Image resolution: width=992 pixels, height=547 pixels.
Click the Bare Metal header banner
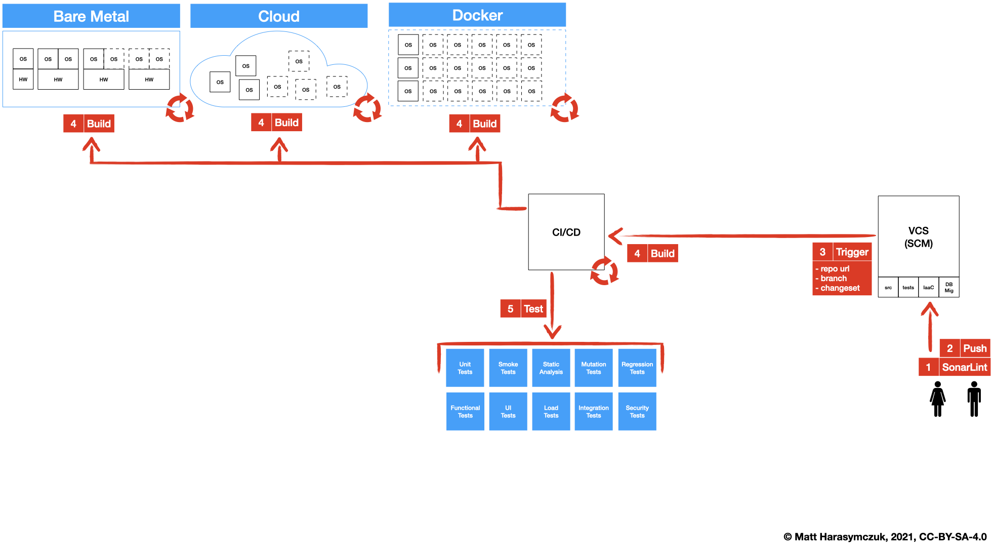click(x=91, y=16)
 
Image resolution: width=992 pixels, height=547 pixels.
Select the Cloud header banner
click(x=279, y=16)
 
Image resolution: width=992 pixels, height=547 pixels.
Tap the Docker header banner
click(x=477, y=15)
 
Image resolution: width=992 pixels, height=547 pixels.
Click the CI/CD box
click(x=566, y=232)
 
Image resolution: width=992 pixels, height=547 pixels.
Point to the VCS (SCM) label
click(x=918, y=237)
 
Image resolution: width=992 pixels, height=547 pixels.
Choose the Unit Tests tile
click(x=465, y=368)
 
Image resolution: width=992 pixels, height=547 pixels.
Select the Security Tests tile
click(x=637, y=411)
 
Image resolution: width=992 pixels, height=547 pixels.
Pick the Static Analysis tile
click(x=551, y=368)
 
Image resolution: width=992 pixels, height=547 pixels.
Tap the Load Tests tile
click(x=551, y=411)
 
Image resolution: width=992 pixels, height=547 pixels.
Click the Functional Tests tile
click(x=465, y=411)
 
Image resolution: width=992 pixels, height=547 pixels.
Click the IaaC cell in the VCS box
click(x=928, y=287)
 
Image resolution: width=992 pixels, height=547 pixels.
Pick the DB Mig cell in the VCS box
click(x=948, y=287)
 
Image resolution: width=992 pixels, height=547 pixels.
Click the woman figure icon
click(x=937, y=399)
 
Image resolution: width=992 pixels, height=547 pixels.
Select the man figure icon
click(x=974, y=399)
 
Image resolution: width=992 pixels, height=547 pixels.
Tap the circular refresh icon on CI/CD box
click(x=604, y=271)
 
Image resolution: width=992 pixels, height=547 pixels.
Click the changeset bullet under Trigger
click(x=840, y=288)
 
